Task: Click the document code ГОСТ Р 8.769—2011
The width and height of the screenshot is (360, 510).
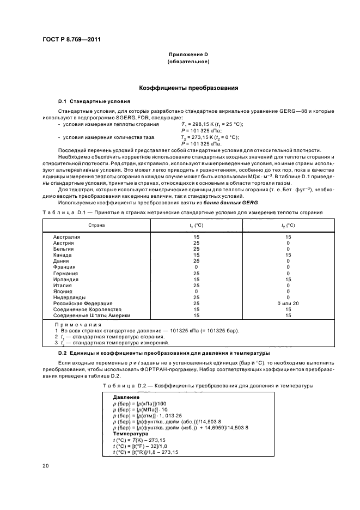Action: tap(71, 40)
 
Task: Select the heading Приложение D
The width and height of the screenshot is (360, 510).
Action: tap(188, 55)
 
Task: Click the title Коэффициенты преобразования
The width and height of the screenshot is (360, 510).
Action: tap(188, 88)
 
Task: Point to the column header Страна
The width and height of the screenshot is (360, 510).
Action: tap(97, 224)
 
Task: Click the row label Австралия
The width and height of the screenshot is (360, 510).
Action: tap(67, 237)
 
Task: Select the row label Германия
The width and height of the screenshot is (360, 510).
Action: tap(66, 273)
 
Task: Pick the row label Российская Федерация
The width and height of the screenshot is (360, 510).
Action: tap(83, 303)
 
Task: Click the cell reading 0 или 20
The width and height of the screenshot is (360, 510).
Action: tap(288, 303)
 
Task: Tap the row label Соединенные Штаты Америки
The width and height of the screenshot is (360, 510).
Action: tap(92, 315)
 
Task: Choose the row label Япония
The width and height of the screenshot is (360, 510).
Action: tap(63, 291)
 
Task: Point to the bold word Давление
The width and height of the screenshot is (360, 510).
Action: tap(126, 397)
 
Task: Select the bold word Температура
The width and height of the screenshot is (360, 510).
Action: tap(130, 433)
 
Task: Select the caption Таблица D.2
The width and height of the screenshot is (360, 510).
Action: tap(120, 386)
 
